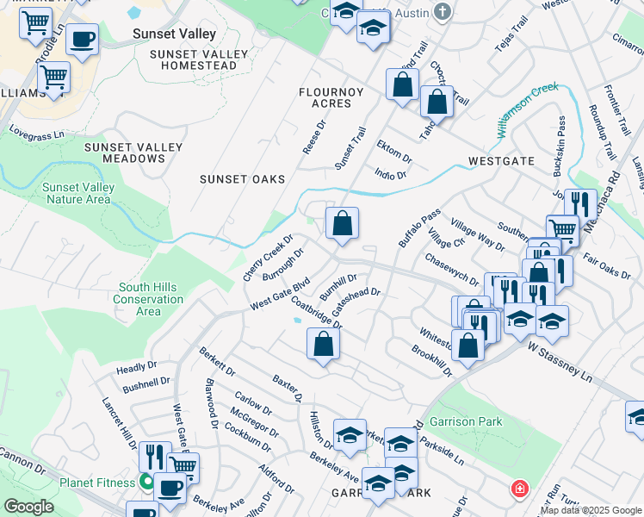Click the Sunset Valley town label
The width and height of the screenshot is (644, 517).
click(x=174, y=34)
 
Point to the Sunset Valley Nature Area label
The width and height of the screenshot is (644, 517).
click(x=77, y=193)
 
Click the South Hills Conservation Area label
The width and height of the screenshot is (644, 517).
click(x=148, y=299)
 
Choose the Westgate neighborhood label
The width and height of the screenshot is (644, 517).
click(x=501, y=161)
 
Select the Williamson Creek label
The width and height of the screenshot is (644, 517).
click(x=527, y=109)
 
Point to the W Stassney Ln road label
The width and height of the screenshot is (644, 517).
click(x=560, y=362)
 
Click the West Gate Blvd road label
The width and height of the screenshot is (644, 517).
click(x=279, y=294)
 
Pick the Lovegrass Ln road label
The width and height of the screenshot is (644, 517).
click(x=37, y=134)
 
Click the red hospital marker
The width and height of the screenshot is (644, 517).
click(x=520, y=489)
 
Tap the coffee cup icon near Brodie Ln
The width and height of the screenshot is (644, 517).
click(x=82, y=39)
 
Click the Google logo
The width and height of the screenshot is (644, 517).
click(x=28, y=508)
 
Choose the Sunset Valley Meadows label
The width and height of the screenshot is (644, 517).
click(x=133, y=153)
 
